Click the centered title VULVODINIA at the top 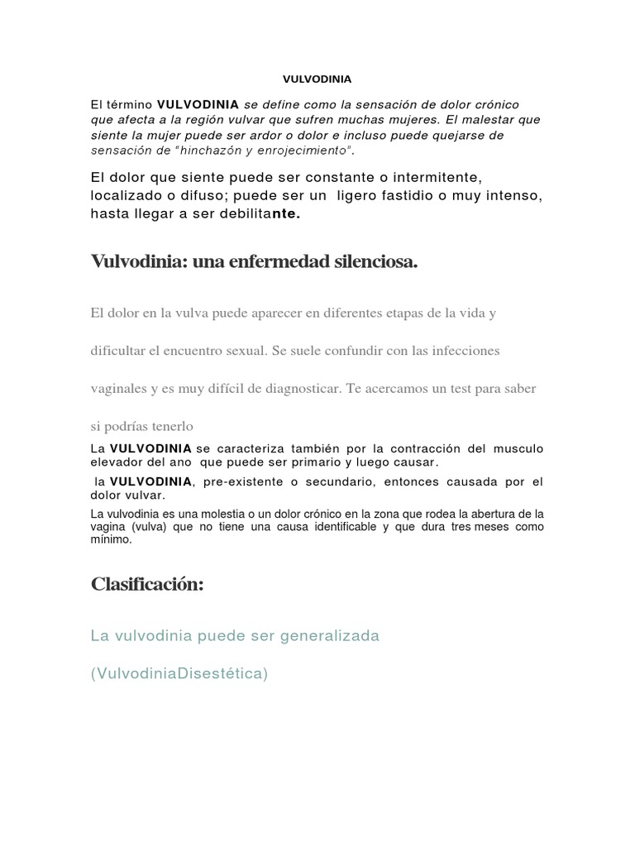[x=317, y=79]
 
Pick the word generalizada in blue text [x=320, y=636]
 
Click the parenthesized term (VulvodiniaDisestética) [x=179, y=673]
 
